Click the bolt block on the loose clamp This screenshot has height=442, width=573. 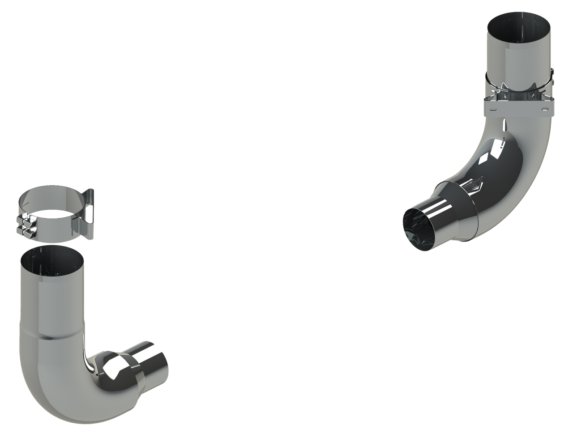pos(25,226)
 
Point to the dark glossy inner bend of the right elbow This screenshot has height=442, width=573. pos(492,161)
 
